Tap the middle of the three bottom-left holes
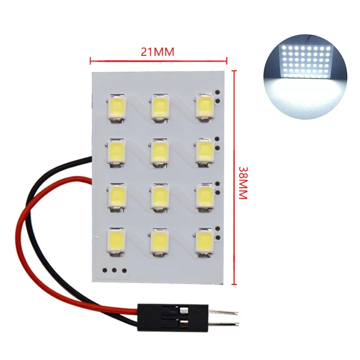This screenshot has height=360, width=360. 113,271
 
